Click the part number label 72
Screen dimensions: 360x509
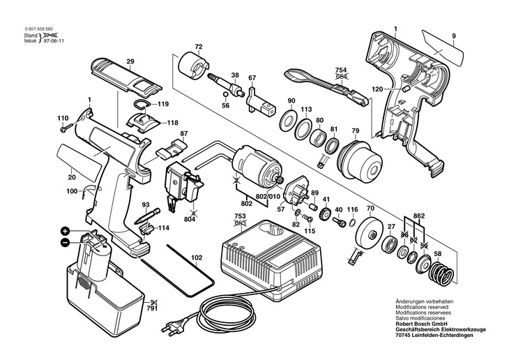pos(198,47)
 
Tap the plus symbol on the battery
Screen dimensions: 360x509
pos(64,231)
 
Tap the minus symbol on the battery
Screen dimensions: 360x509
pos(64,242)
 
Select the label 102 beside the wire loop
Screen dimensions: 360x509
pos(197,258)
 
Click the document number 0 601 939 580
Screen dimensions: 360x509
pos(34,29)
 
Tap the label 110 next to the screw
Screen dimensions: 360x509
pos(63,118)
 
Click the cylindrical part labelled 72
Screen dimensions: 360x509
pos(192,68)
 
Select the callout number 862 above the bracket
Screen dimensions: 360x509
pos(418,217)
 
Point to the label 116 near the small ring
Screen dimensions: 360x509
pos(352,209)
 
